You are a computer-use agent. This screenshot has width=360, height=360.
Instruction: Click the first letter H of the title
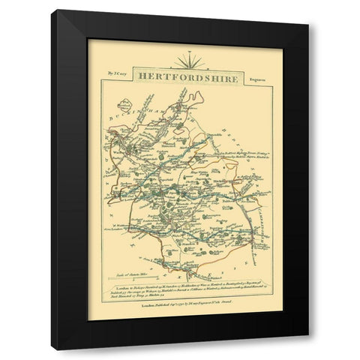138,76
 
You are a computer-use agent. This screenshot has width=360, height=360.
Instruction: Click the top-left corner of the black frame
56,11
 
